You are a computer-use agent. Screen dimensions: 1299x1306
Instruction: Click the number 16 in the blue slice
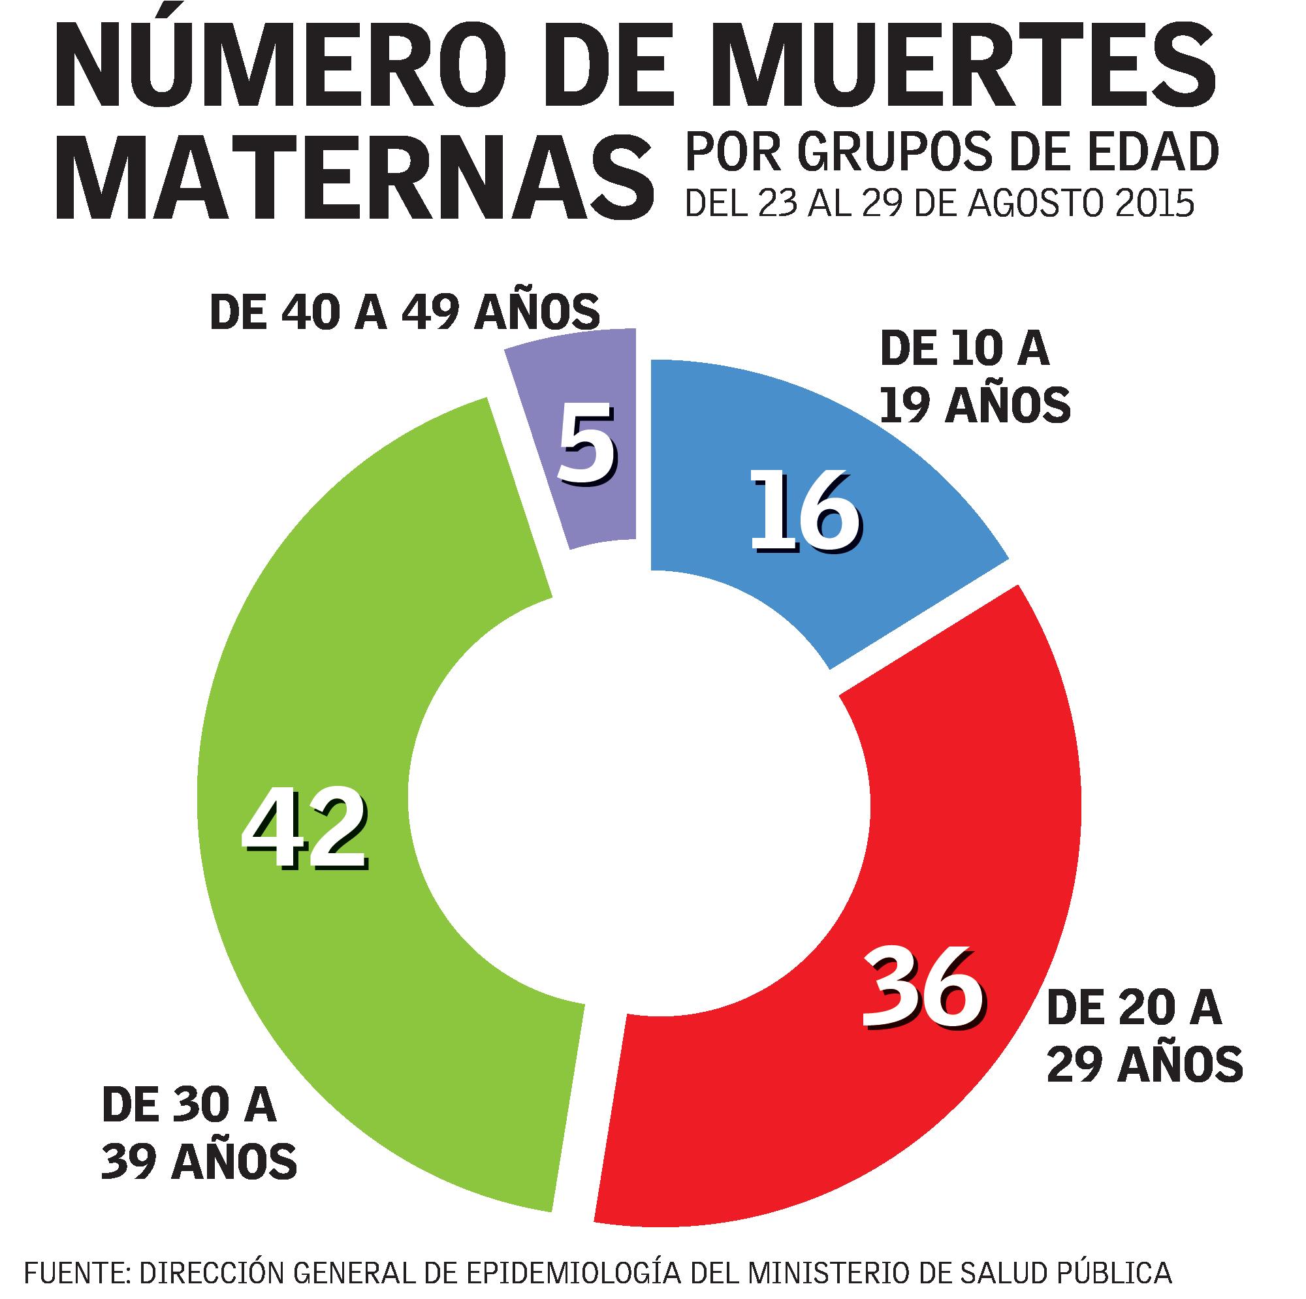pyautogui.click(x=806, y=512)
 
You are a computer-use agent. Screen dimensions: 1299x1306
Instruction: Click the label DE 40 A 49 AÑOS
pyautogui.click(x=405, y=311)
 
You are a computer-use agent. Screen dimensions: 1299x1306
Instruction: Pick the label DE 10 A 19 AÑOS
pyautogui.click(x=975, y=379)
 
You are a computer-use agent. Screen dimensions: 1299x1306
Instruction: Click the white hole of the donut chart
pyautogui.click(x=639, y=794)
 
